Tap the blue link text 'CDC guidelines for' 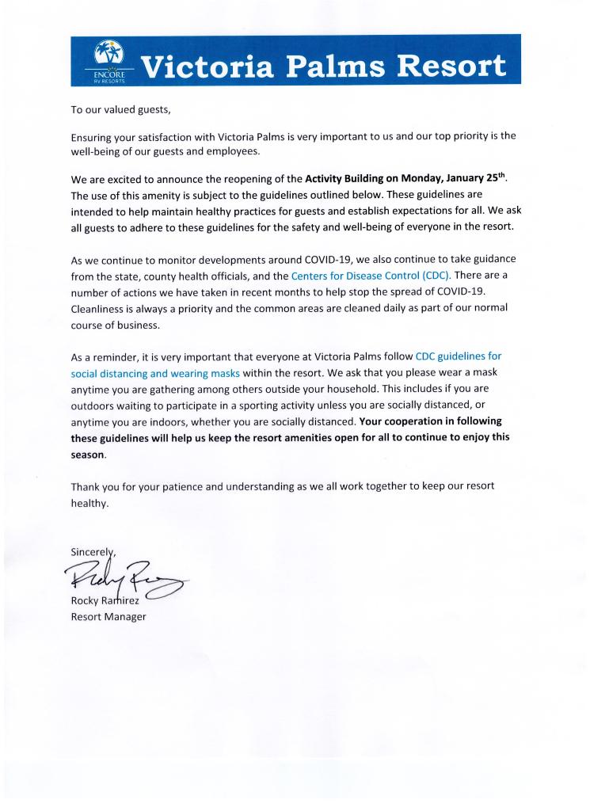tap(459, 356)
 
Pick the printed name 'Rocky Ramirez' tap(105, 601)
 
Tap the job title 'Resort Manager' tap(108, 616)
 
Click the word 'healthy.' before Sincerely tap(89, 502)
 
